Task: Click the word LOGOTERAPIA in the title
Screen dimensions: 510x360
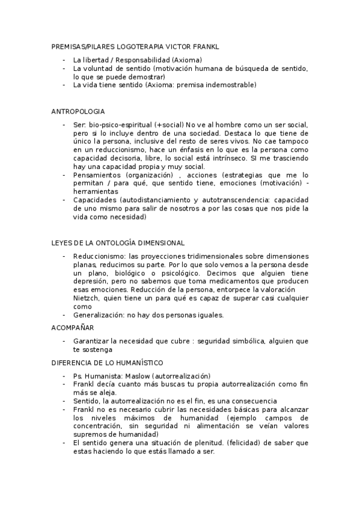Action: pyautogui.click(x=126, y=46)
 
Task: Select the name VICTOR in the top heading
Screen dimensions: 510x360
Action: pyautogui.click(x=166, y=46)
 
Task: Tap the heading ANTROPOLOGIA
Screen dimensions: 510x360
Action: pyautogui.click(x=78, y=111)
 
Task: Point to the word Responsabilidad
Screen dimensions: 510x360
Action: pyautogui.click(x=142, y=60)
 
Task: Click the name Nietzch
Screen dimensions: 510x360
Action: pyautogui.click(x=87, y=298)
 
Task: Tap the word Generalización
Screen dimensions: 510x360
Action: pyautogui.click(x=98, y=315)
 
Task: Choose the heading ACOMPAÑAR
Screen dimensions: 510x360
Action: pyautogui.click(x=73, y=328)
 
